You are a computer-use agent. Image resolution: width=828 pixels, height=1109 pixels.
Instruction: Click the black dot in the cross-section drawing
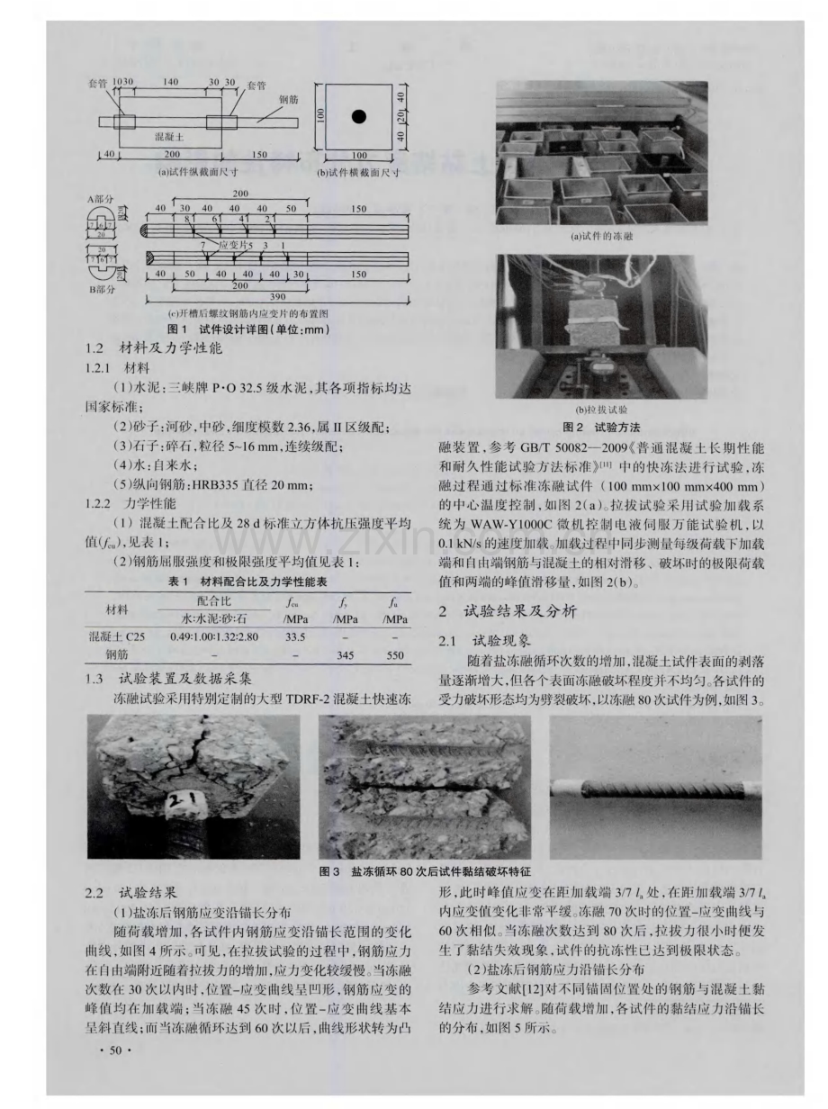(359, 116)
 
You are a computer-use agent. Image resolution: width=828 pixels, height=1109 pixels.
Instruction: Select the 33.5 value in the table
(296, 636)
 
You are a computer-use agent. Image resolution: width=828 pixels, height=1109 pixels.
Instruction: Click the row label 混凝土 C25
(111, 636)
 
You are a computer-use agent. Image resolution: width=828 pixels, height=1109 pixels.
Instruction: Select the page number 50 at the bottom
(114, 1052)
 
